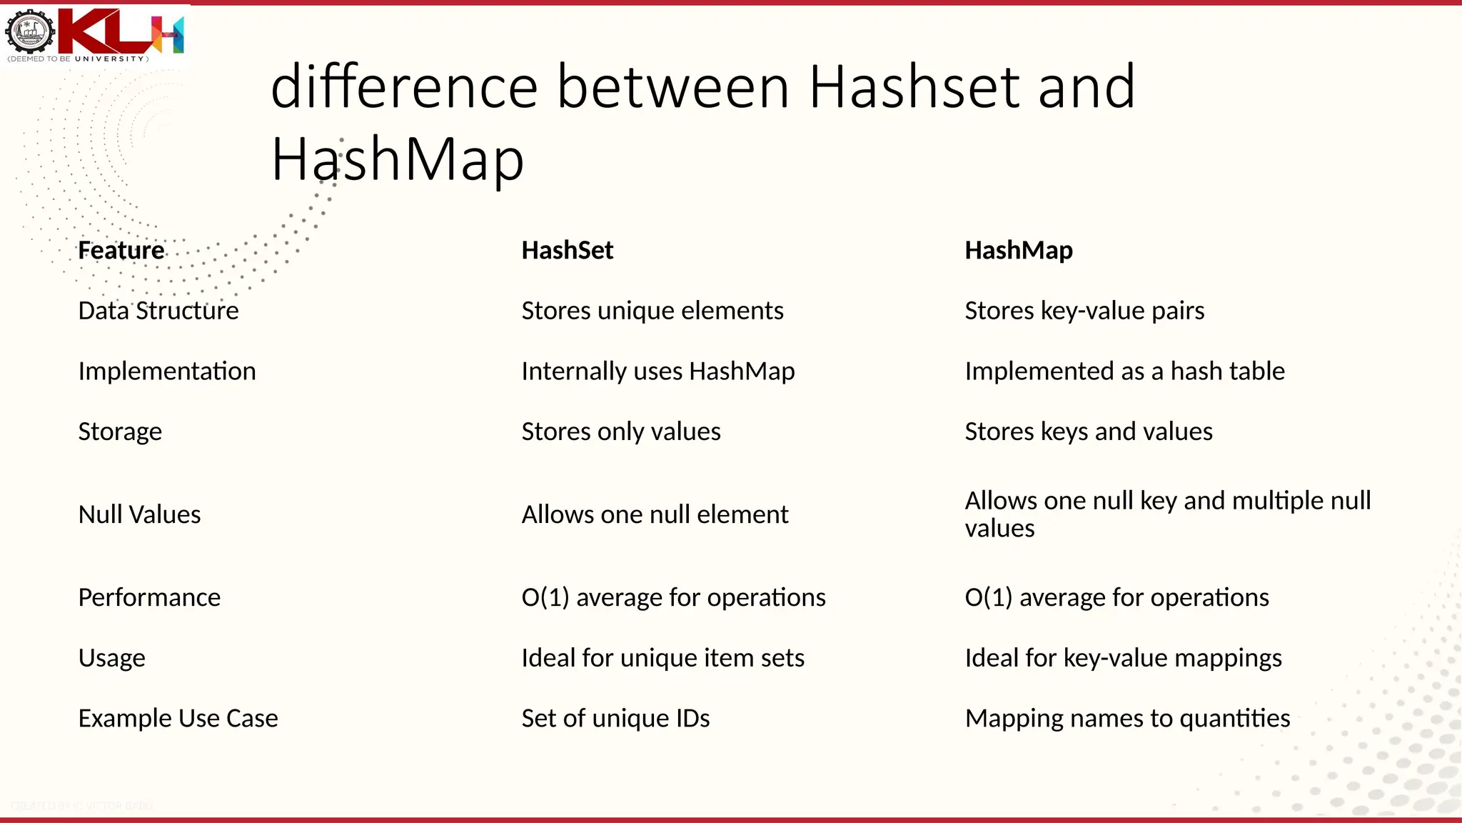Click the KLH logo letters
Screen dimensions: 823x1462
point(121,31)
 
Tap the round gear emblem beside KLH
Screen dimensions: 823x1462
point(30,31)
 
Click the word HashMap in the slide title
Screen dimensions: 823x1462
point(397,159)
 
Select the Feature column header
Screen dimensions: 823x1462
point(121,250)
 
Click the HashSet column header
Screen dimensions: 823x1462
point(567,250)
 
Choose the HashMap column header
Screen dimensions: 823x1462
point(1018,250)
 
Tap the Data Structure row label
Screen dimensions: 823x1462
point(158,311)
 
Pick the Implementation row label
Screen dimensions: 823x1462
point(167,371)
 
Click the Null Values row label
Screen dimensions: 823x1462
point(139,514)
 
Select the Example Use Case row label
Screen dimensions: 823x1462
point(178,718)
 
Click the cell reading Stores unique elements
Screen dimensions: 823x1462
point(652,311)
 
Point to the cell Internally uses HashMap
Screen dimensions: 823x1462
point(657,371)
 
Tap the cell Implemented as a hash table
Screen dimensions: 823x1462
point(1124,371)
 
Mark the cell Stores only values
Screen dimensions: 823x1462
point(620,432)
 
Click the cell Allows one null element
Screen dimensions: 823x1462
point(655,514)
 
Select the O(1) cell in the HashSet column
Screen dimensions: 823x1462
point(673,597)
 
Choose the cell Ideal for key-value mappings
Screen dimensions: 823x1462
point(1123,658)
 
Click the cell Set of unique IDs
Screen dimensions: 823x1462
point(615,718)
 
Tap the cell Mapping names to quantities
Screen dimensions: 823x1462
point(1127,718)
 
